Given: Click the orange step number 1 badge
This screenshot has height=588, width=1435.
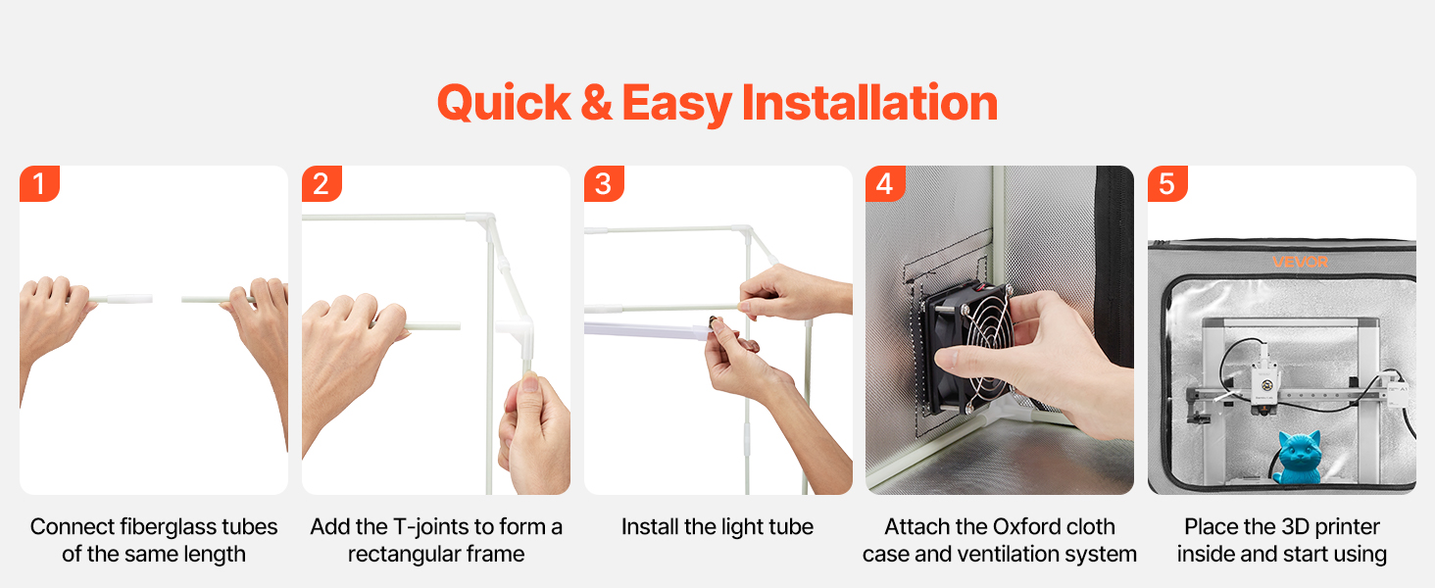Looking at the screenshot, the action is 39,184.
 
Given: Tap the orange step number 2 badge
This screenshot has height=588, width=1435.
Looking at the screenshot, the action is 322,184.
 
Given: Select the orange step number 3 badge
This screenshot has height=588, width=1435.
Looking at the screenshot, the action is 604,184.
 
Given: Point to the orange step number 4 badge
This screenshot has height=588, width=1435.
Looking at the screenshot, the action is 885,184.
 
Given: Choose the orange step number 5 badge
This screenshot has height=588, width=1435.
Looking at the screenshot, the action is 1167,184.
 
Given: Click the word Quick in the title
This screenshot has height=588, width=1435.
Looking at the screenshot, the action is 504,104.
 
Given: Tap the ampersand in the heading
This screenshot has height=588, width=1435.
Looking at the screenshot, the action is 596,103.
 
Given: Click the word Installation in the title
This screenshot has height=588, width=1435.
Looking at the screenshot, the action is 869,103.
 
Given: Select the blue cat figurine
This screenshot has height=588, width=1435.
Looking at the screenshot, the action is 1298,458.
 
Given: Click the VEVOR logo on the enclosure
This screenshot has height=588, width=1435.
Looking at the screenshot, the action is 1301,262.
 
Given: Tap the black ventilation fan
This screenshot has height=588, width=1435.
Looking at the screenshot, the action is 967,346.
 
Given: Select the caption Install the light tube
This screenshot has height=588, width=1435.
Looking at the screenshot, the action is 717,527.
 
